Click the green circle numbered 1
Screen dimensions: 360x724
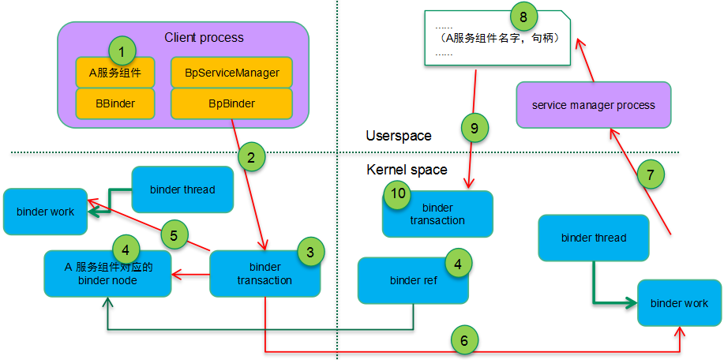pos(122,52)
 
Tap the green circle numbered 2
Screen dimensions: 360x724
pos(250,156)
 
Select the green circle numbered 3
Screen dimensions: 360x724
pos(310,253)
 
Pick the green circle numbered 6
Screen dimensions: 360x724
pos(464,340)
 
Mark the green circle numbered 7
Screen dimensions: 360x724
pos(650,175)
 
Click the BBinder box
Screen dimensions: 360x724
pos(114,103)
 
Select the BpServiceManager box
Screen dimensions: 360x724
pos(232,72)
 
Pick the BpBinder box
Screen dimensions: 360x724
pos(231,103)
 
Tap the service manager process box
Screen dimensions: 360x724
pos(594,105)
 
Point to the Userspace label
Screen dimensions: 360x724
pos(399,136)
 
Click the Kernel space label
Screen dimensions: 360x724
pos(407,170)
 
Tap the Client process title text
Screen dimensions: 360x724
pos(204,37)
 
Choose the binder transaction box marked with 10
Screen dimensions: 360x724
pos(437,215)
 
